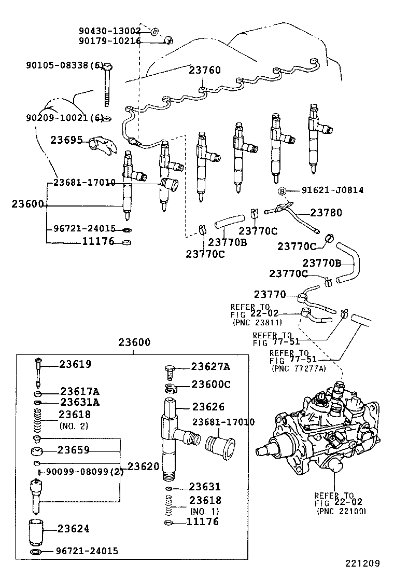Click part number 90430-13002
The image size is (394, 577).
[x=109, y=31]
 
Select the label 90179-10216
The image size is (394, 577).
[x=109, y=41]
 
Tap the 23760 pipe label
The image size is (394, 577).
[x=204, y=70]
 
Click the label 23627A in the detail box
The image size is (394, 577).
[x=210, y=367]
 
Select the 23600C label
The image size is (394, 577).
[x=210, y=384]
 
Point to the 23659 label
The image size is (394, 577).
[x=74, y=450]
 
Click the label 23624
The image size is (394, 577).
[x=74, y=529]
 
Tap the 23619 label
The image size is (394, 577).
[x=75, y=364]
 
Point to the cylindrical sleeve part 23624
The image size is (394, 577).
[x=37, y=530]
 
